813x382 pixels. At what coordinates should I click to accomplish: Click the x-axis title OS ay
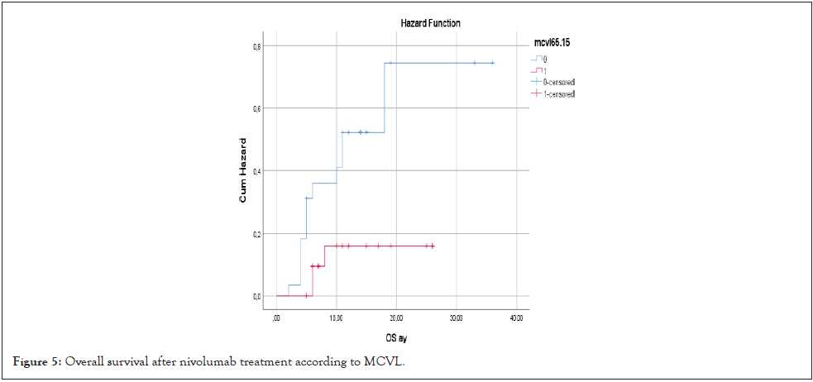point(395,337)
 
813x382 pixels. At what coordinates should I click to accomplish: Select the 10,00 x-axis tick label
point(337,318)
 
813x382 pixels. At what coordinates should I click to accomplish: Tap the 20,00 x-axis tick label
point(396,318)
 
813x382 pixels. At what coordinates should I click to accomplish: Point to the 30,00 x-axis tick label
point(457,318)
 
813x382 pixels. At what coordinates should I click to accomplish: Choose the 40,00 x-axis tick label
point(517,318)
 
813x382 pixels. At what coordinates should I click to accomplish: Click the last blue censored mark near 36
point(493,63)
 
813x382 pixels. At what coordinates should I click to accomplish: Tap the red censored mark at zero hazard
point(306,295)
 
